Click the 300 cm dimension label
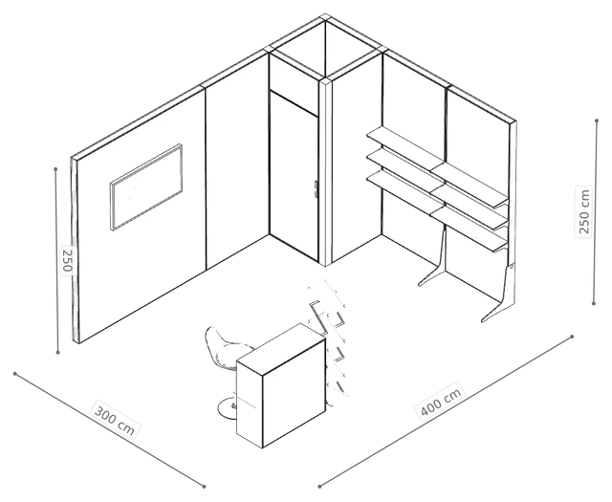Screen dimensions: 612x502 click(x=115, y=420)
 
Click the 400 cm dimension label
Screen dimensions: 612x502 click(x=441, y=401)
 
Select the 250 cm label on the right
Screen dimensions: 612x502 click(x=584, y=211)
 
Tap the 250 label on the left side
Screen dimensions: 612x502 click(x=67, y=259)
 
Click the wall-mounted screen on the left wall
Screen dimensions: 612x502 click(x=146, y=187)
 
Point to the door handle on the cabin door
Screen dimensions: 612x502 click(x=316, y=188)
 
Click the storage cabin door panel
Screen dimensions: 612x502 click(x=294, y=176)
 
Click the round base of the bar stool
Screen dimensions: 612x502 click(x=228, y=408)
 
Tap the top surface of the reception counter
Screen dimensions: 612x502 click(x=281, y=348)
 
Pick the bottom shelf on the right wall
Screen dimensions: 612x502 click(x=438, y=210)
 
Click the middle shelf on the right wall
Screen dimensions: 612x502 click(x=438, y=188)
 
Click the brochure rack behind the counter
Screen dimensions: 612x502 click(x=330, y=336)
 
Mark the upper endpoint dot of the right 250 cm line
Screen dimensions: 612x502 click(x=597, y=120)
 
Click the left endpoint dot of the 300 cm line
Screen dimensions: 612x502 click(x=15, y=374)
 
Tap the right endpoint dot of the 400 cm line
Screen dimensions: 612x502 click(x=572, y=337)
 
